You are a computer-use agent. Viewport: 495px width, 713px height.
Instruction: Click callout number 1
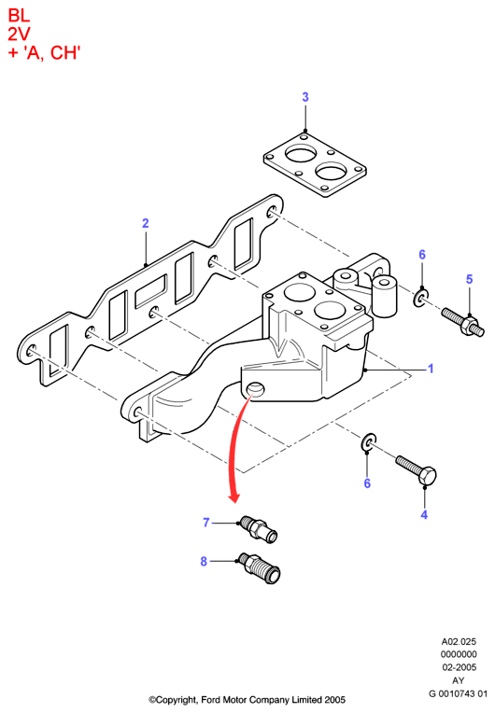(x=431, y=369)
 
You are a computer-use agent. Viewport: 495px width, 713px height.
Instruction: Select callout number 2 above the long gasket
(x=145, y=223)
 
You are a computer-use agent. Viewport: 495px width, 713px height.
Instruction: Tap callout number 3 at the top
(x=305, y=97)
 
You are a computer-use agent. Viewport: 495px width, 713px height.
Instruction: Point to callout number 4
(x=424, y=515)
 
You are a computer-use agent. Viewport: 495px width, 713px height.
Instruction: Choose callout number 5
(x=470, y=279)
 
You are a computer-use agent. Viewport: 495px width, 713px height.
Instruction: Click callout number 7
(x=206, y=523)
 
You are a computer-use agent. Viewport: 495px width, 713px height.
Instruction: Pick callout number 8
(x=204, y=562)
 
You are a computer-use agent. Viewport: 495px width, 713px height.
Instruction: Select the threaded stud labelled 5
(x=462, y=321)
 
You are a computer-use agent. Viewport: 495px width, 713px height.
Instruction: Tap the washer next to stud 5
(x=421, y=299)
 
